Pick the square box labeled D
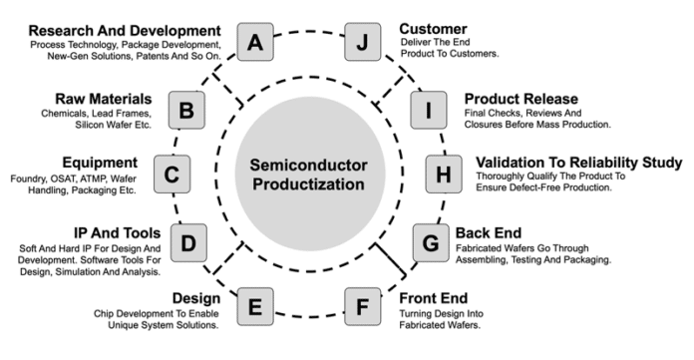189,240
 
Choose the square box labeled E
256,305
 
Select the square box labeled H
444,176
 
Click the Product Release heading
521,99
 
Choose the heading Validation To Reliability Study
579,162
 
